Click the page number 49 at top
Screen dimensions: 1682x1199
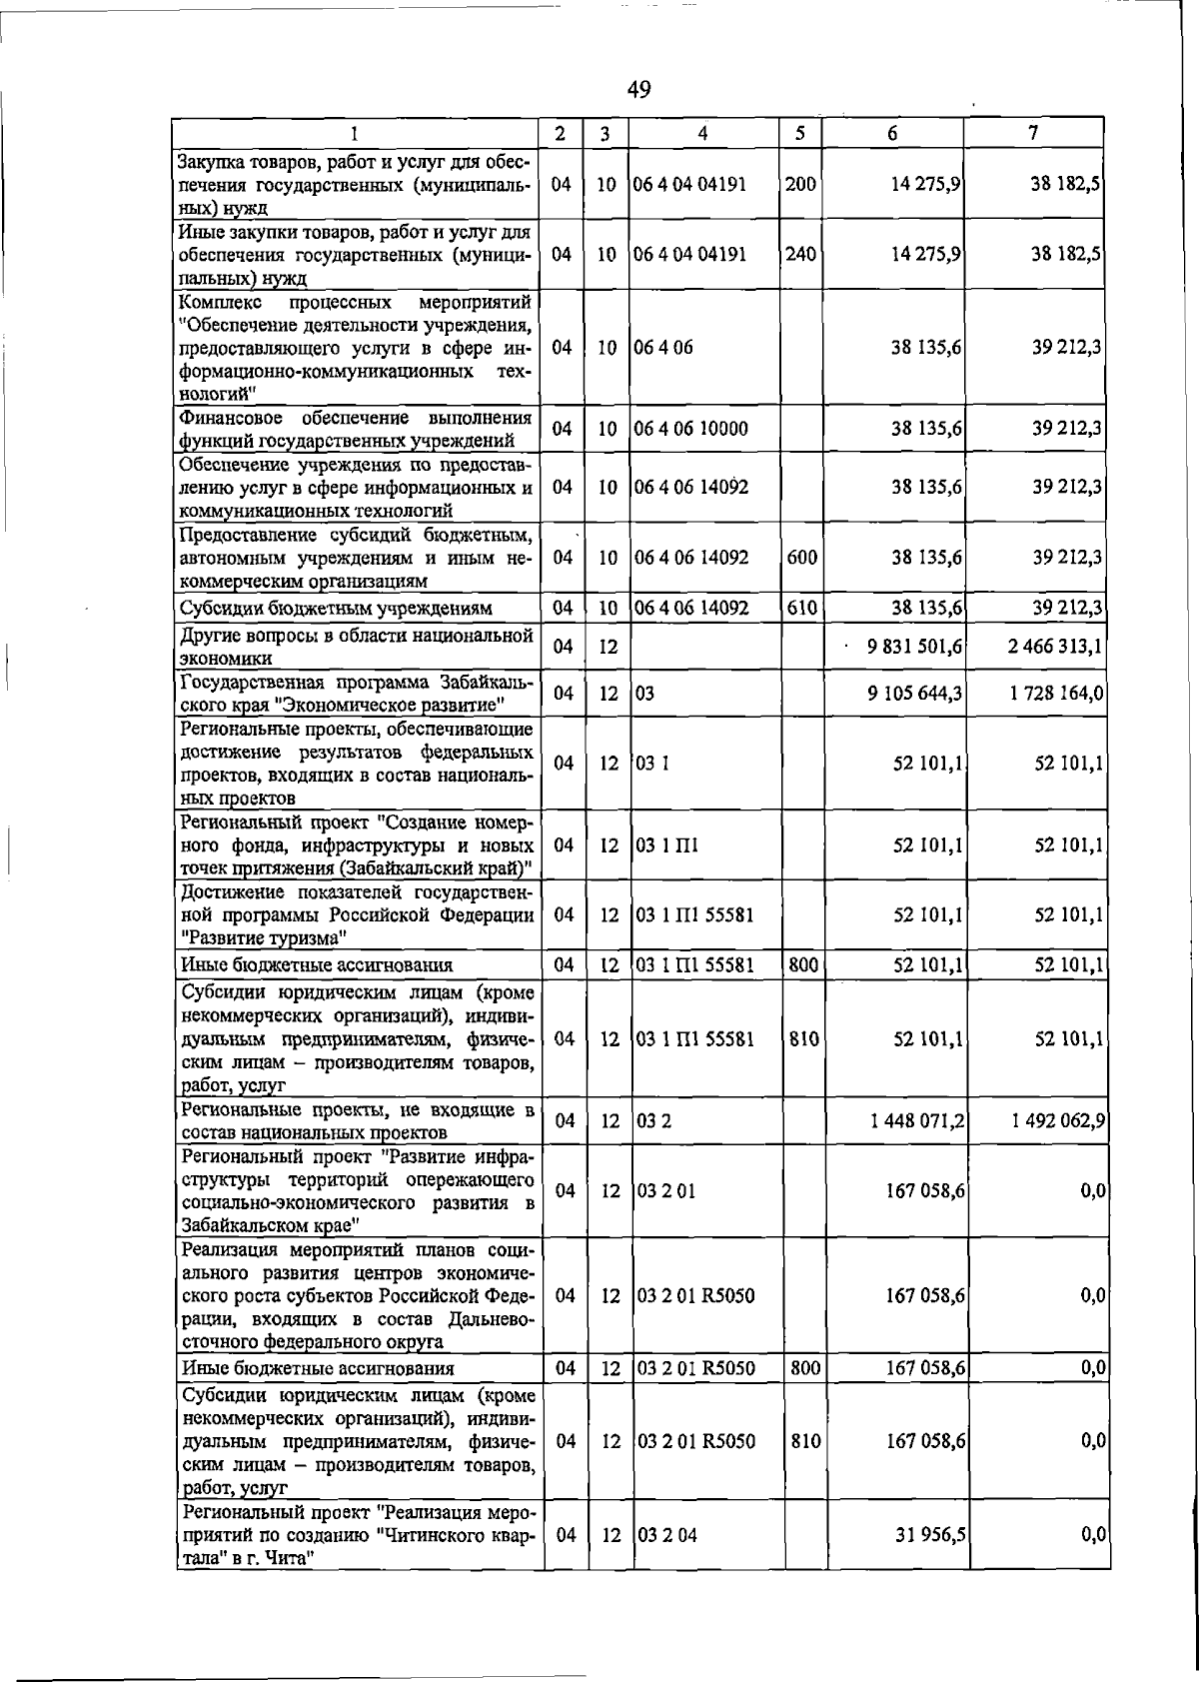638,90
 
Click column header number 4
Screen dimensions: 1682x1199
703,133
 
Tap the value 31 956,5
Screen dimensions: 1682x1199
929,1534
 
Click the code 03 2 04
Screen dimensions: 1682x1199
666,1534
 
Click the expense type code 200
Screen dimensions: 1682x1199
800,184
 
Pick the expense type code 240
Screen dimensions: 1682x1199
800,254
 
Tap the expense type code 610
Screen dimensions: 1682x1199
801,607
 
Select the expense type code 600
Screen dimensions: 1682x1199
801,557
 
